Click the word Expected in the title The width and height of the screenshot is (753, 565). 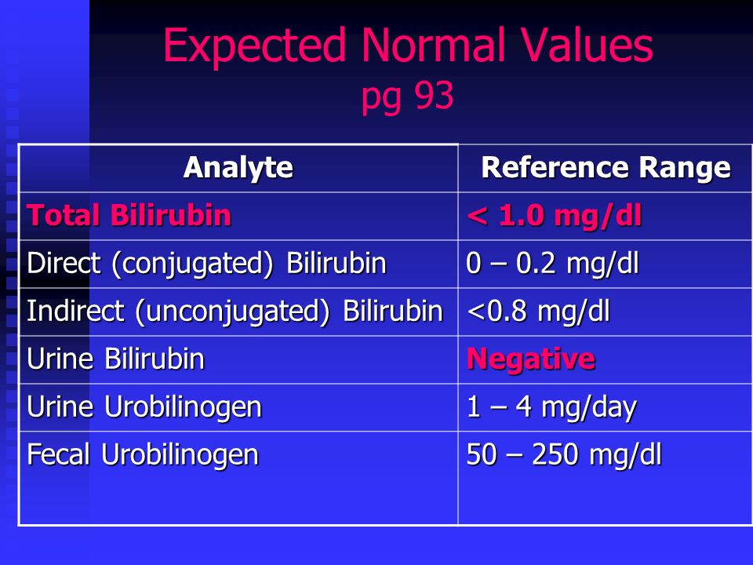tap(254, 46)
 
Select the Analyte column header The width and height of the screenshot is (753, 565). tap(238, 168)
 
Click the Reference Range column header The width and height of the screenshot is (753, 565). tap(606, 168)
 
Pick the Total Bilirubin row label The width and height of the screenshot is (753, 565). tap(129, 215)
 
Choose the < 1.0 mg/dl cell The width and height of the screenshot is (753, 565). tap(555, 215)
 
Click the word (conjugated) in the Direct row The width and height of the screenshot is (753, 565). tap(192, 264)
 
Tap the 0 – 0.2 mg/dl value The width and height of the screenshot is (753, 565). tap(552, 264)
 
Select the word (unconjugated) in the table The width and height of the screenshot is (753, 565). tap(232, 312)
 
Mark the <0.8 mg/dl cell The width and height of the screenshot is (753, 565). tap(538, 311)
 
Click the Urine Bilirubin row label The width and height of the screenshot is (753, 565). tap(116, 359)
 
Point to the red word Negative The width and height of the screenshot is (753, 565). tap(531, 359)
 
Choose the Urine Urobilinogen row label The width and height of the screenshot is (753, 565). tap(144, 407)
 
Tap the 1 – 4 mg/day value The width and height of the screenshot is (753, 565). tap(551, 407)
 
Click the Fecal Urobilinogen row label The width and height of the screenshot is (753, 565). tap(143, 455)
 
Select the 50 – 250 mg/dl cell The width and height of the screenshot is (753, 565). tap(564, 454)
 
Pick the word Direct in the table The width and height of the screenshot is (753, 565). tap(64, 263)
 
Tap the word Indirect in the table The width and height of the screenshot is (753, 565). tap(75, 311)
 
